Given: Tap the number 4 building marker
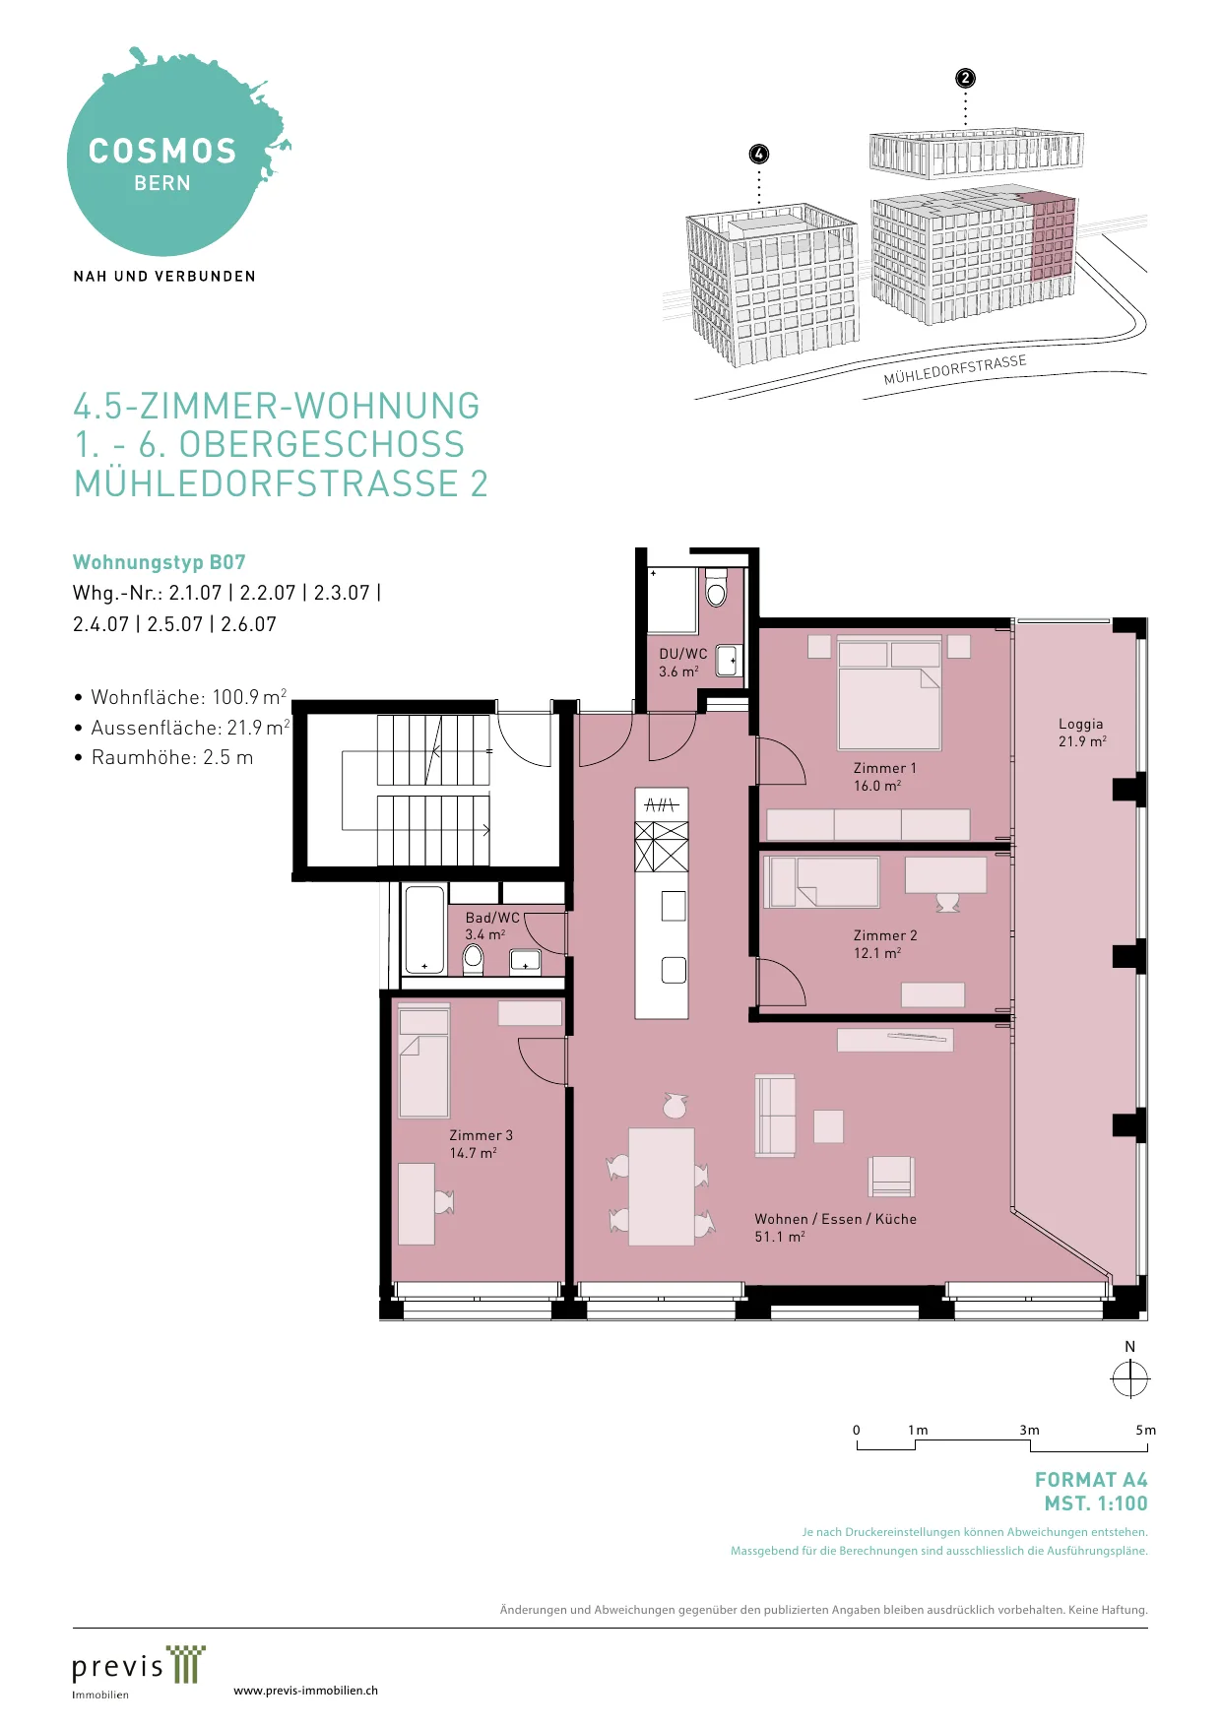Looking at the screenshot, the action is point(758,154).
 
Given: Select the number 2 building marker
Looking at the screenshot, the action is point(965,78).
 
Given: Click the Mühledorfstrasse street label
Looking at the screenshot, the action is point(955,370).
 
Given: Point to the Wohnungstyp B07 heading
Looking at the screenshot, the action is point(160,562).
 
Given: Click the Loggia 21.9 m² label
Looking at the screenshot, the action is point(1082,733).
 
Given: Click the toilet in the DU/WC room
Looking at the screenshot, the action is point(716,588).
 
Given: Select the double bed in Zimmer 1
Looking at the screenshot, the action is point(889,693).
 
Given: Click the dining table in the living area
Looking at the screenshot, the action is point(662,1186).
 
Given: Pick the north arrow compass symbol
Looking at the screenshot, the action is point(1129,1378).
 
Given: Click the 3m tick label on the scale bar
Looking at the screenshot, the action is point(1029,1430).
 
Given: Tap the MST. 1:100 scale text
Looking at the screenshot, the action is point(1096,1503).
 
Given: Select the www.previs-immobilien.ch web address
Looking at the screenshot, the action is point(305,1691).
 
